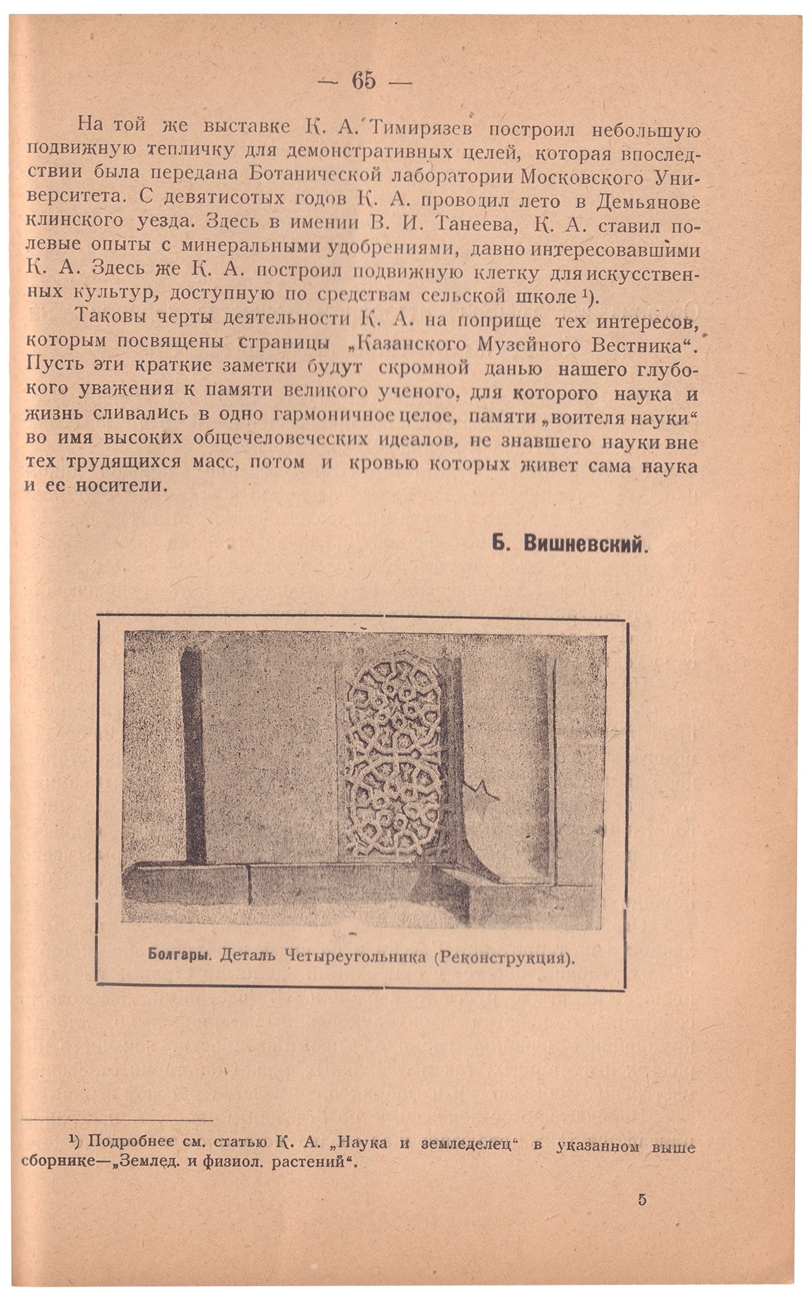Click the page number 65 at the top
[x=363, y=80]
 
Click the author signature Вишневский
[x=587, y=545]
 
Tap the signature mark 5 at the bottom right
[x=641, y=1200]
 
